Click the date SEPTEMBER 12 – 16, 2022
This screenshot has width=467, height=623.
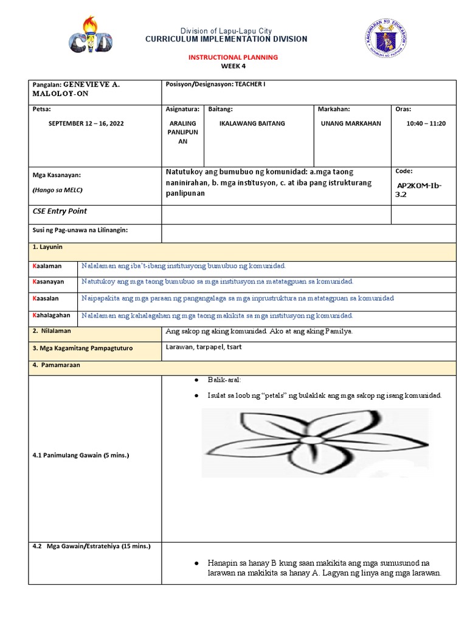coord(86,124)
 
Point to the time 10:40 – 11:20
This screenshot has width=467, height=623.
coord(426,124)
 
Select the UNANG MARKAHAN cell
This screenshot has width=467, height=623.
coord(351,124)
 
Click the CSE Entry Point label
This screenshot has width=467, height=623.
coord(60,211)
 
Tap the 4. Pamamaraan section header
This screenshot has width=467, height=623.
coord(57,365)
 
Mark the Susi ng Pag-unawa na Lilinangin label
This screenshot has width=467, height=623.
coord(80,230)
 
